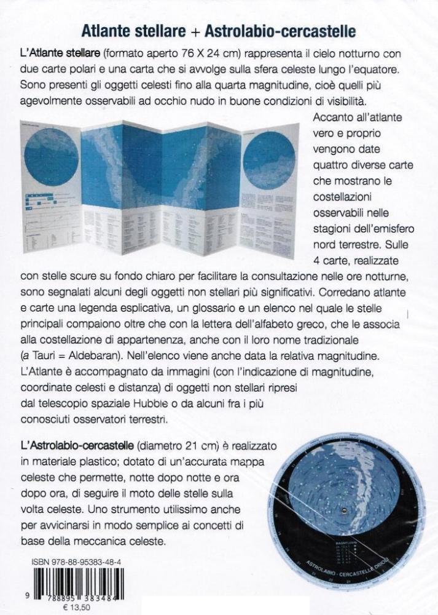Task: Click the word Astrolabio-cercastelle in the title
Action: click(x=280, y=30)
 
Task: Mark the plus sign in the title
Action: click(x=198, y=30)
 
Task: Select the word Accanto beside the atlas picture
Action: click(x=332, y=117)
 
